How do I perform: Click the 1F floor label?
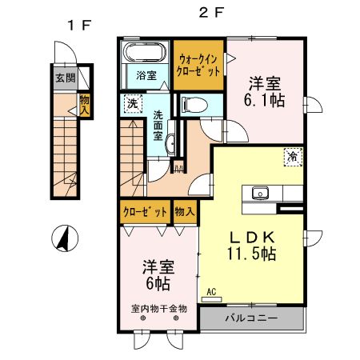tap(77, 25)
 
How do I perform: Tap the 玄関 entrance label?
tap(64, 78)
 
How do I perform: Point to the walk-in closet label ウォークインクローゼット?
tap(199, 65)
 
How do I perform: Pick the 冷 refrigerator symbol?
tap(293, 158)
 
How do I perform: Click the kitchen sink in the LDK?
tap(260, 193)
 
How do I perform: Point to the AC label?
tap(212, 292)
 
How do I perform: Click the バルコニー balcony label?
tap(250, 318)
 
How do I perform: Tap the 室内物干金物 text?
tap(159, 307)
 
